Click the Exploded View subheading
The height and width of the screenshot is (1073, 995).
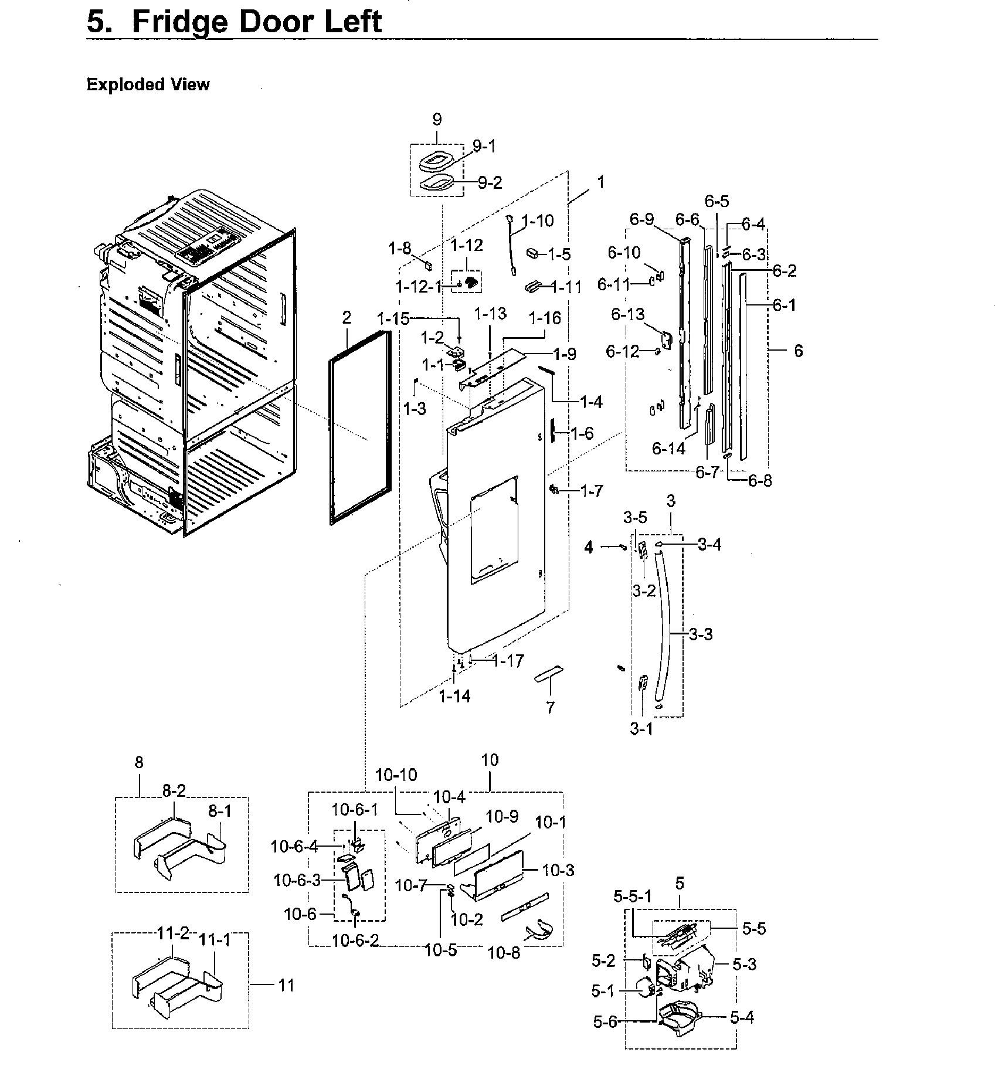148,84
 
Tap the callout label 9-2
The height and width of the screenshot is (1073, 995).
490,183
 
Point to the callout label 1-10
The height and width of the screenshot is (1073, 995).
537,221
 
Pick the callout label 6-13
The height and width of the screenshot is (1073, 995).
628,315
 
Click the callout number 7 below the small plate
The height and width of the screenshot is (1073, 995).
550,708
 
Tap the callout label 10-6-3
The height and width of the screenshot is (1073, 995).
297,880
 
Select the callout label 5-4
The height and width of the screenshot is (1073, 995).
742,1018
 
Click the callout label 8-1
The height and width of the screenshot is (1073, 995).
220,811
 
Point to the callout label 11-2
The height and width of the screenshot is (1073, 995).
173,933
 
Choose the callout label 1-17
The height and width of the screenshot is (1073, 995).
508,661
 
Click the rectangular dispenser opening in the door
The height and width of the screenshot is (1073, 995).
494,528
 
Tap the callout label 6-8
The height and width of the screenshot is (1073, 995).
760,480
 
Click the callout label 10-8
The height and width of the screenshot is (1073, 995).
504,953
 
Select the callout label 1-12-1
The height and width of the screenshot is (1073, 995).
418,287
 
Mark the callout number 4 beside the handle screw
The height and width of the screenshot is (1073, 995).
589,547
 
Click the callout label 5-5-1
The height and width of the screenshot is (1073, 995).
632,897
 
